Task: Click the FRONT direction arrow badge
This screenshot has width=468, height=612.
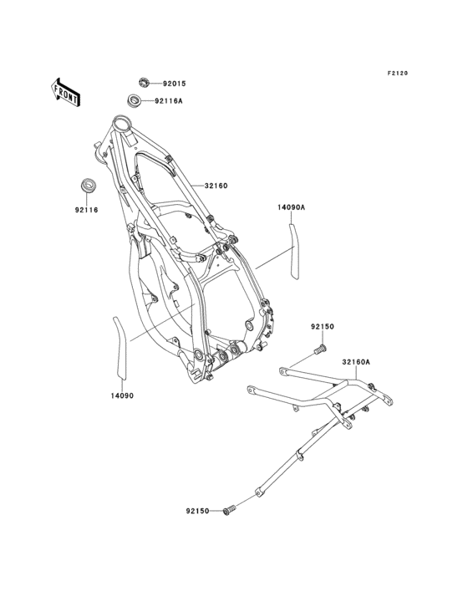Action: tap(66, 91)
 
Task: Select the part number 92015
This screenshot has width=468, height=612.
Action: tap(174, 84)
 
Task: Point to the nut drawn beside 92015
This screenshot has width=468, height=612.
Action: tap(143, 82)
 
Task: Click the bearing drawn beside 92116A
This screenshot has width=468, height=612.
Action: tap(134, 101)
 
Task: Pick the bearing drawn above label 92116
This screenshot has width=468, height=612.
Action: tap(86, 183)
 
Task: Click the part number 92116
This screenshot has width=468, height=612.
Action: tap(86, 210)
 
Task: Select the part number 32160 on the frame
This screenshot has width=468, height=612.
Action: tap(216, 186)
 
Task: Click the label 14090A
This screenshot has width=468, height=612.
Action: tap(292, 205)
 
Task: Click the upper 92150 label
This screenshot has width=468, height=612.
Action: tap(323, 327)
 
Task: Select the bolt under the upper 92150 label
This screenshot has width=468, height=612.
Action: tap(319, 349)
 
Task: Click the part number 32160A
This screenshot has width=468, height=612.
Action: tap(355, 362)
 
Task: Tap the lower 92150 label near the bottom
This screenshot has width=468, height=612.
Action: tap(199, 509)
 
